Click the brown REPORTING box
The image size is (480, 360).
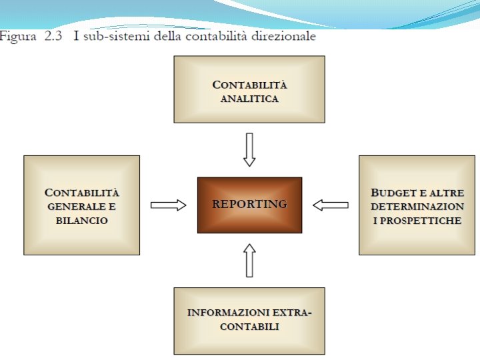[249, 205]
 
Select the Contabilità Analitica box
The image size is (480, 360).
[249, 89]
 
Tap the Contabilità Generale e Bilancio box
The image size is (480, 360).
[81, 205]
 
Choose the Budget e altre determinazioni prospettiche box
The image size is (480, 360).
[417, 205]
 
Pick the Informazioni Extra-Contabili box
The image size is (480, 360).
[249, 321]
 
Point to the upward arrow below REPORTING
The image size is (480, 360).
[249, 260]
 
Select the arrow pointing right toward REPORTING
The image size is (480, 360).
[168, 205]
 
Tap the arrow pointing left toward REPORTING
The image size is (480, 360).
[331, 205]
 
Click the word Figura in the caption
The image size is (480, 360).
[19, 36]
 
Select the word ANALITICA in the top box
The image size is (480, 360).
[249, 99]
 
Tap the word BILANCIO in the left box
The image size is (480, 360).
[82, 220]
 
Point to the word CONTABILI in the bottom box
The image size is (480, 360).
[249, 327]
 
